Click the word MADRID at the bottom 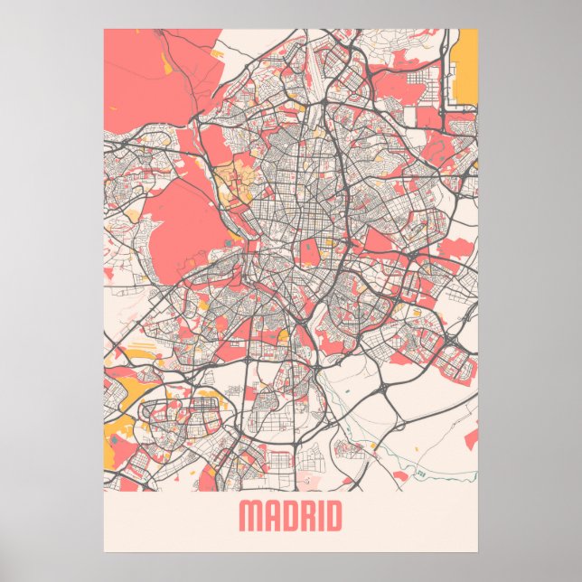[290, 517]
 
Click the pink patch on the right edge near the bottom [471, 438]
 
